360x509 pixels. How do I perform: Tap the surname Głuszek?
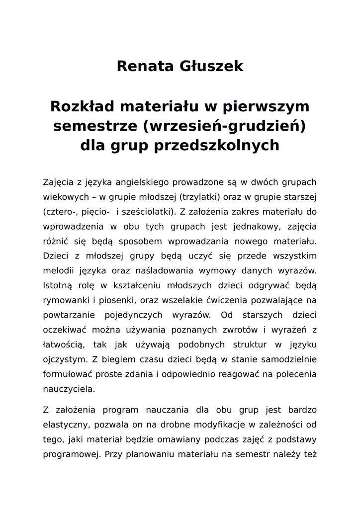coord(212,66)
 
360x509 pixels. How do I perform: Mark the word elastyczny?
coord(65,425)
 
